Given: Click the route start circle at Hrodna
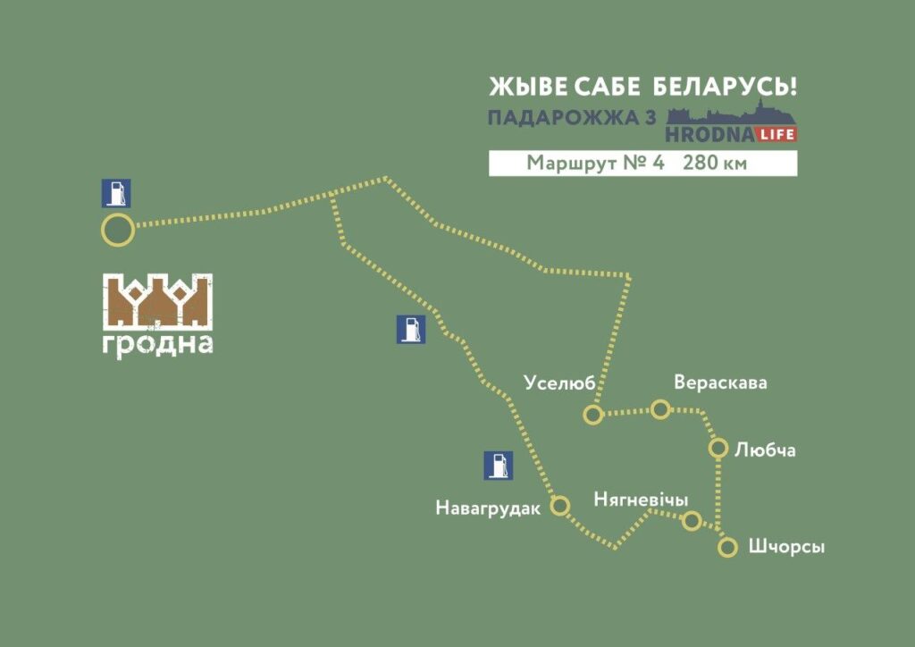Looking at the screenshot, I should point(117,231).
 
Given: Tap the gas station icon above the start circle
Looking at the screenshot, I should point(116,193).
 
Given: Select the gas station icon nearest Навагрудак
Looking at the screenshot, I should point(498,465).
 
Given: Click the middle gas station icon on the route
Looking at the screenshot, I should point(410,329).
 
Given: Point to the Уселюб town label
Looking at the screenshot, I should point(558,383).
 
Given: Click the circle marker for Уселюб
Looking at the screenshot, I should point(592,414).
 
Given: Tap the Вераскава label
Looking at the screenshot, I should point(720,382).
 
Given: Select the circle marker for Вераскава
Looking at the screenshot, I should point(660,409).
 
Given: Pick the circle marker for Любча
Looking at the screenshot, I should point(718,448).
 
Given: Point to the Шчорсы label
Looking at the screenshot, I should point(785,547).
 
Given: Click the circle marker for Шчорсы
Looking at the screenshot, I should point(728,547).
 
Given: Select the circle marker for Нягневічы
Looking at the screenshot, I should point(691,520).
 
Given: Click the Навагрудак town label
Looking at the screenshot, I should point(488,508).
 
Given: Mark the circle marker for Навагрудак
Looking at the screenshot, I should point(560,506).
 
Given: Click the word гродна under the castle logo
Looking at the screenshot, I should point(157,344).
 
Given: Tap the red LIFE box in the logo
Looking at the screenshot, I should point(776,134).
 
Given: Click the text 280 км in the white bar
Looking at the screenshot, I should point(715,164).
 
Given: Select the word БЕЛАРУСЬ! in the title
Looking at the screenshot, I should point(725,87).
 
